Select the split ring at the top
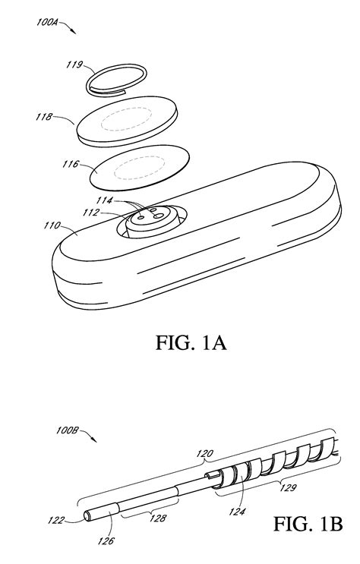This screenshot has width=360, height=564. pos(117,78)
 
